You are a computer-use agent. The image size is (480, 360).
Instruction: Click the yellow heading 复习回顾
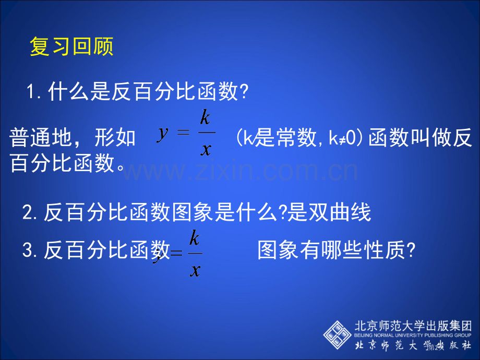click(71, 47)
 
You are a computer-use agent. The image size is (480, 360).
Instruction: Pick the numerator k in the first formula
click(205, 118)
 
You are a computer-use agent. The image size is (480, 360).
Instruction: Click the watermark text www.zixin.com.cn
click(240, 171)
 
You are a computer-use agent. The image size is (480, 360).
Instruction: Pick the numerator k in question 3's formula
click(194, 239)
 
